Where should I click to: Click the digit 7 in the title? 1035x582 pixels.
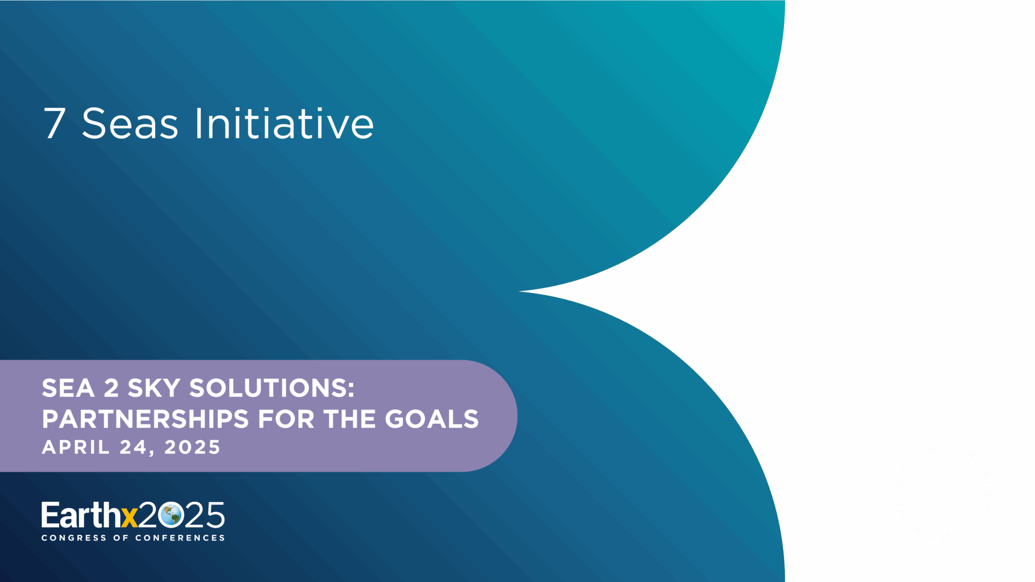(x=55, y=123)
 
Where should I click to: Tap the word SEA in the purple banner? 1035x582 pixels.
(x=68, y=388)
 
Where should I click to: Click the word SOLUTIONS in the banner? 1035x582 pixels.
(x=272, y=388)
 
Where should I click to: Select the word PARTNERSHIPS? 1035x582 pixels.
(x=146, y=419)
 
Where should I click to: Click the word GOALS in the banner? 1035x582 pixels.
(x=432, y=419)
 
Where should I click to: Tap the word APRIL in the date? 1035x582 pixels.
(x=75, y=447)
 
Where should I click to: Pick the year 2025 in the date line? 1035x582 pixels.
(x=192, y=447)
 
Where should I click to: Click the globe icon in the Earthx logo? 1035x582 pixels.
(x=170, y=515)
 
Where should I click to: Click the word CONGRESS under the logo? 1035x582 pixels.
(x=74, y=538)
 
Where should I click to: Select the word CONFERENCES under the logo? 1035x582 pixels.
(x=180, y=538)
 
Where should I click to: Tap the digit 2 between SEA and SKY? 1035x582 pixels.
(x=111, y=388)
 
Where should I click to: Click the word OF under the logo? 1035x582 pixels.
(x=121, y=538)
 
